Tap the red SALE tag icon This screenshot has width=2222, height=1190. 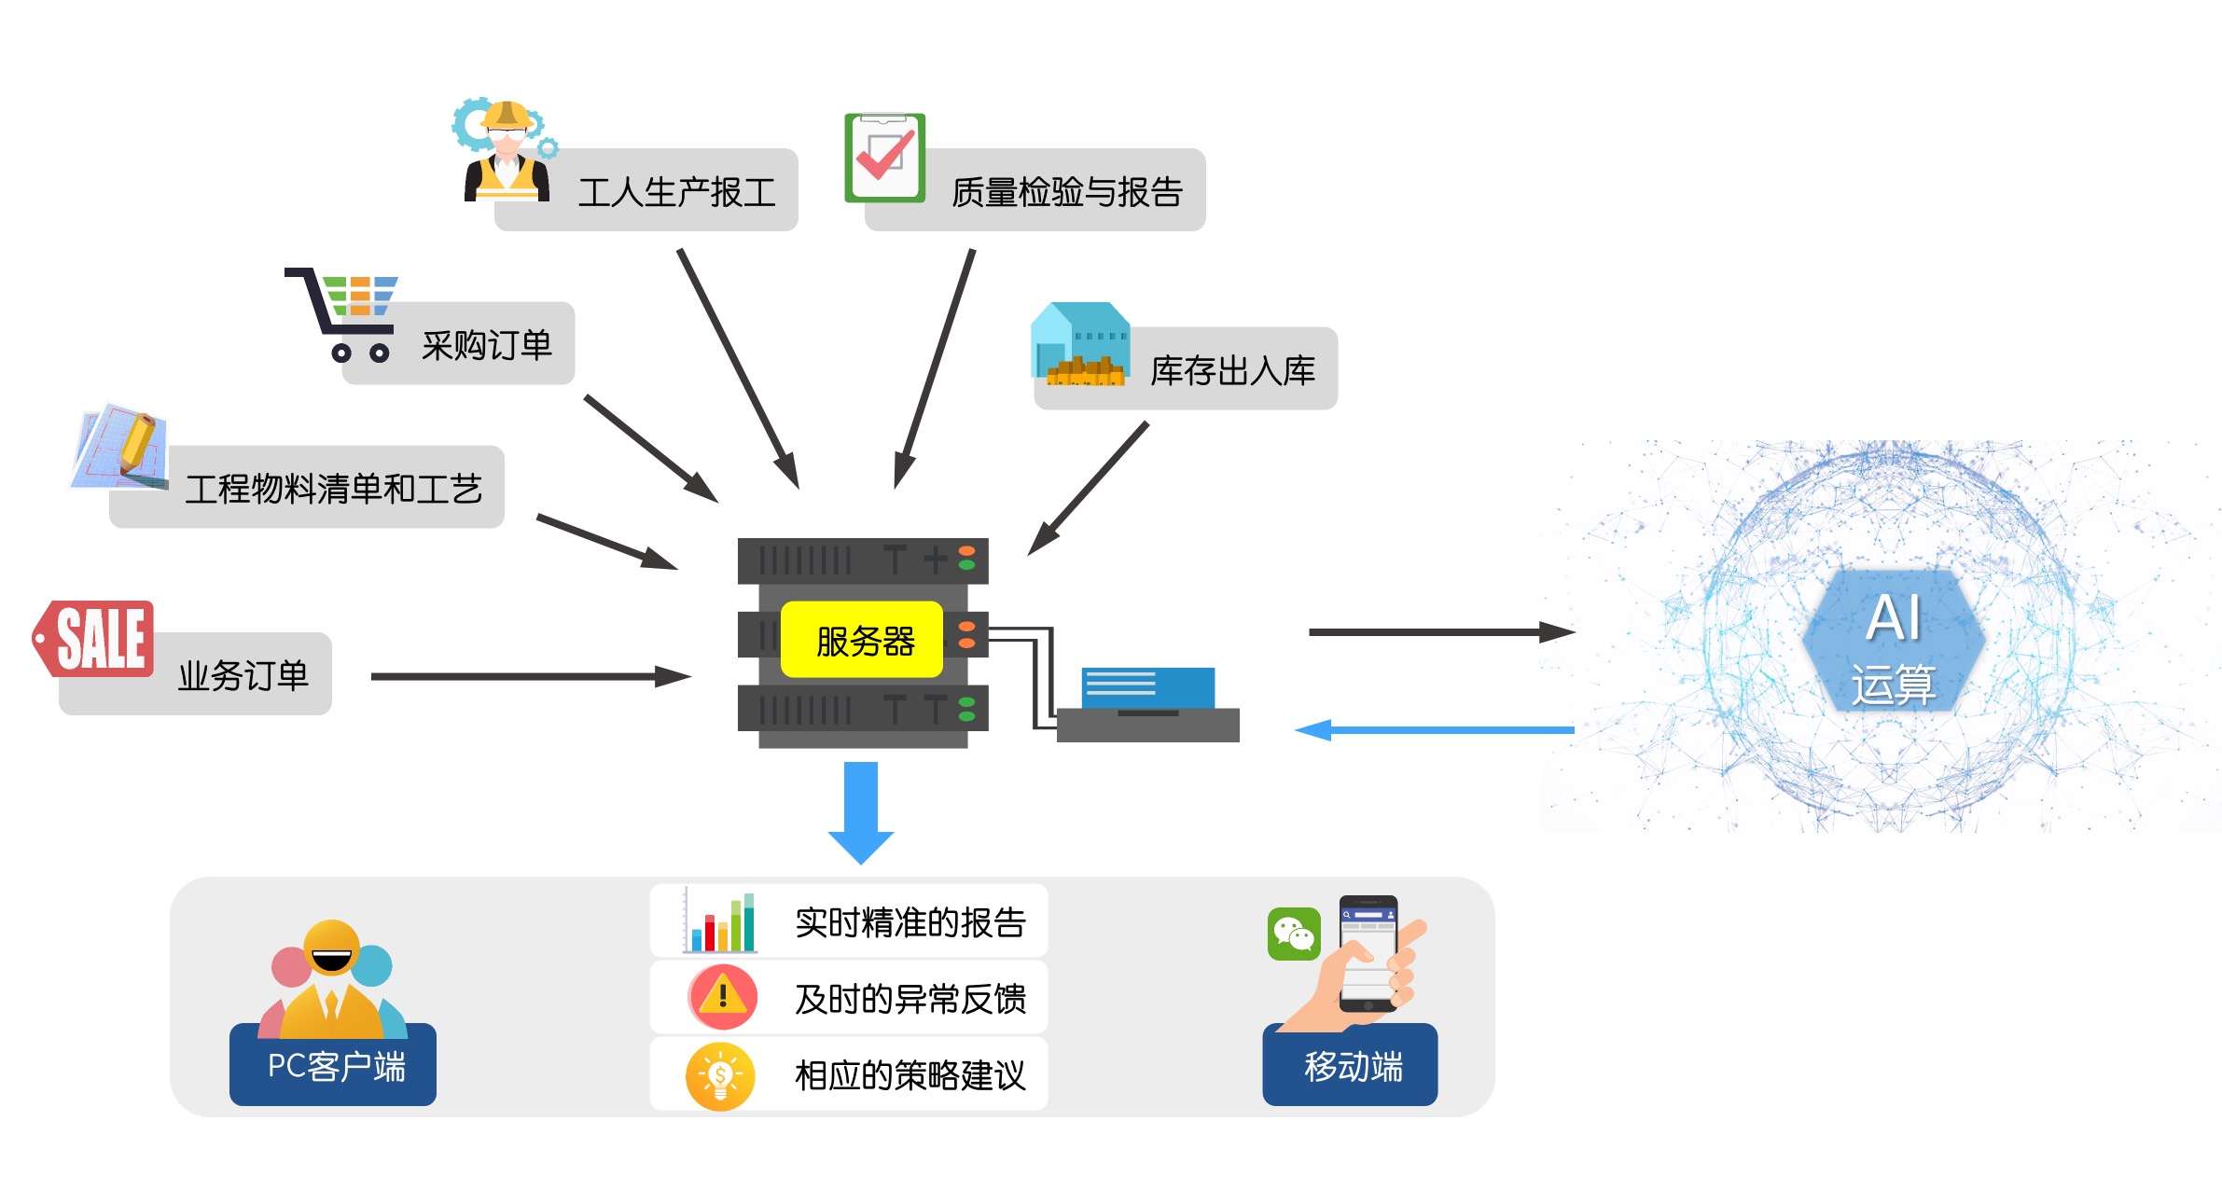tap(95, 638)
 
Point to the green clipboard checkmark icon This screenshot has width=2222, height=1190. tap(884, 157)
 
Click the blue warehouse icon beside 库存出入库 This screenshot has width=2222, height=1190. tap(1080, 343)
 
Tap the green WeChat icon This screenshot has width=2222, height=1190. tap(1294, 934)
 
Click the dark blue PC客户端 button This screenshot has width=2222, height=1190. tap(333, 1065)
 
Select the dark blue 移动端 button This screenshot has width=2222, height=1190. tap(1350, 1065)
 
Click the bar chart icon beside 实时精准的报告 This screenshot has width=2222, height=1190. tap(720, 922)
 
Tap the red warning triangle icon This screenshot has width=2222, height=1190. tap(722, 997)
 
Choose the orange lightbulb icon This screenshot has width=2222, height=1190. tap(720, 1076)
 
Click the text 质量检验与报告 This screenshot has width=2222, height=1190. tap(1067, 192)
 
